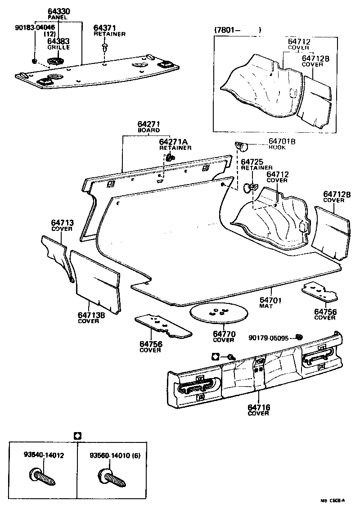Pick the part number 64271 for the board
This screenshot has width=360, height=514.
point(148,124)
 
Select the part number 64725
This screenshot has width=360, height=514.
point(252,162)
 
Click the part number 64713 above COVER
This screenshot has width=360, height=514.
point(62,223)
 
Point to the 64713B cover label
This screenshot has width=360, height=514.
point(91,315)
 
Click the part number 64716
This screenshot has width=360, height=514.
point(258,407)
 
